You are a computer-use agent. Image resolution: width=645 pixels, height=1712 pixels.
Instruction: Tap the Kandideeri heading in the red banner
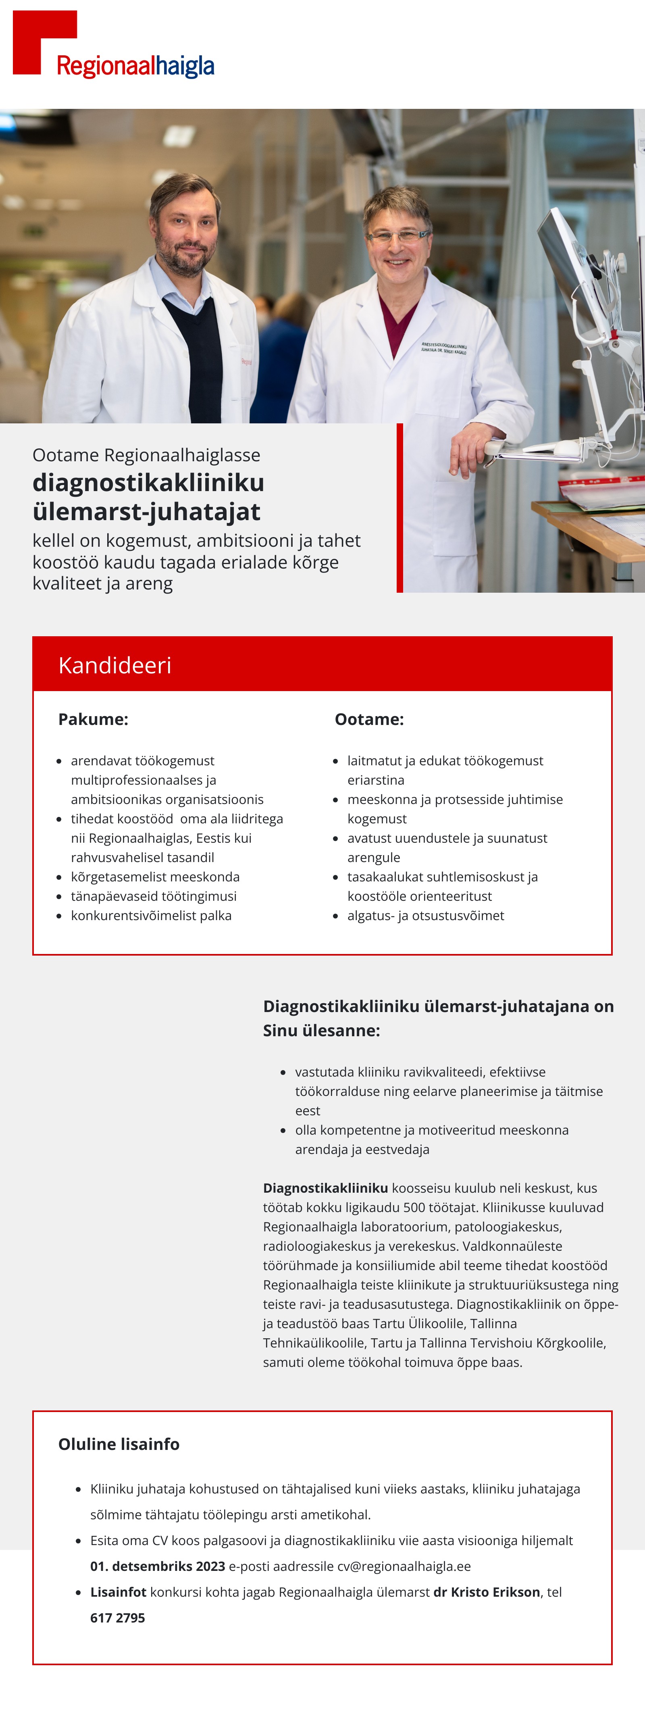115,665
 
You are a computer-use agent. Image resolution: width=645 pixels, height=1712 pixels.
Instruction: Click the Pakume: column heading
93,719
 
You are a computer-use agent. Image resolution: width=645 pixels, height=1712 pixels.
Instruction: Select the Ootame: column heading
369,719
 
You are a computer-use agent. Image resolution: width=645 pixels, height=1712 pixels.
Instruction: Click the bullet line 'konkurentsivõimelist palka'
152,916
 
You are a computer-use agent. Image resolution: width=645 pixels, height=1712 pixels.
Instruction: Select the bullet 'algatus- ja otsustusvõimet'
426,916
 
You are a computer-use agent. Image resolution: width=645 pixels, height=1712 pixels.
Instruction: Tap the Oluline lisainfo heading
119,1444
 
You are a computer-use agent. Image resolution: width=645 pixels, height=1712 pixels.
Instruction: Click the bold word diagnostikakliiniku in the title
148,483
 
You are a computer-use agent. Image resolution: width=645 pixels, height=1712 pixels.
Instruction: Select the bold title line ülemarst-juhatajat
146,512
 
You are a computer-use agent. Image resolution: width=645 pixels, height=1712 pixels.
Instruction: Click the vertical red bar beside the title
400,508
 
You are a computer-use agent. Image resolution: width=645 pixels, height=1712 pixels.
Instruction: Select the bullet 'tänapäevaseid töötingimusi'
154,897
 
